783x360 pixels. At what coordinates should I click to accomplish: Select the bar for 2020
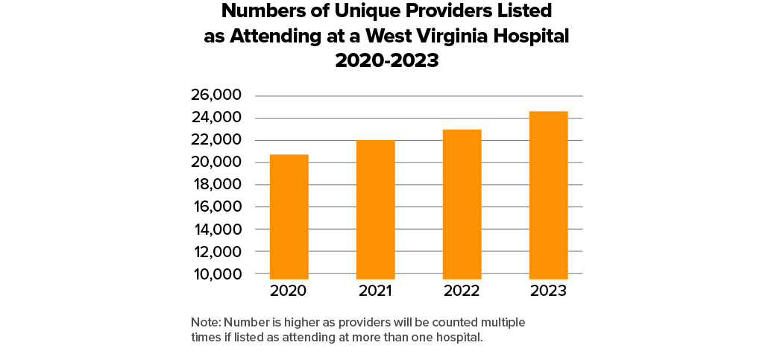click(289, 216)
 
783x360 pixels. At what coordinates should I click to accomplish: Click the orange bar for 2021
click(375, 209)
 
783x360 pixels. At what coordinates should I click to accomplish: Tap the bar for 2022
click(462, 204)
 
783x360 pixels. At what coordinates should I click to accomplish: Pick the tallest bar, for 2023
click(548, 195)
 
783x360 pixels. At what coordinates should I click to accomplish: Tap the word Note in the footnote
click(205, 322)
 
